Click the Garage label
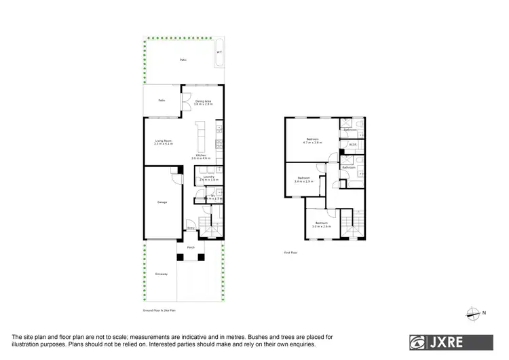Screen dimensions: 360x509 pyautogui.click(x=162, y=202)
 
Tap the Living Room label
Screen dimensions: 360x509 pyautogui.click(x=164, y=142)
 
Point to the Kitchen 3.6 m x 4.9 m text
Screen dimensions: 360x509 pyautogui.click(x=202, y=157)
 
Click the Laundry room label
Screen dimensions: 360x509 pyautogui.click(x=209, y=178)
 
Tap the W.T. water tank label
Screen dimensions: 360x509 pyautogui.click(x=219, y=52)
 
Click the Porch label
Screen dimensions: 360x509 pyautogui.click(x=191, y=248)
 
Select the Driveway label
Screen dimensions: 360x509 pyautogui.click(x=161, y=274)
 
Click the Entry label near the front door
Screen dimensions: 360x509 pyautogui.click(x=191, y=228)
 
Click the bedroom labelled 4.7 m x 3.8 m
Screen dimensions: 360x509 pyautogui.click(x=314, y=141)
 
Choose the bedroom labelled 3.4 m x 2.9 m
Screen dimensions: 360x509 pyautogui.click(x=303, y=179)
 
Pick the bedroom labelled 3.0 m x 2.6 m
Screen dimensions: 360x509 pyautogui.click(x=322, y=224)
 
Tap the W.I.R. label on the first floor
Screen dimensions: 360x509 pyautogui.click(x=352, y=145)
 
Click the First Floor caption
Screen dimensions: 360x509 pyautogui.click(x=291, y=252)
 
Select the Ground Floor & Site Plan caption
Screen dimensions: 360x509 pyautogui.click(x=159, y=310)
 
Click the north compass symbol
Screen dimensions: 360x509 pyautogui.click(x=472, y=312)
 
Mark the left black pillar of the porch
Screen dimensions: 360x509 pyautogui.click(x=181, y=257)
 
